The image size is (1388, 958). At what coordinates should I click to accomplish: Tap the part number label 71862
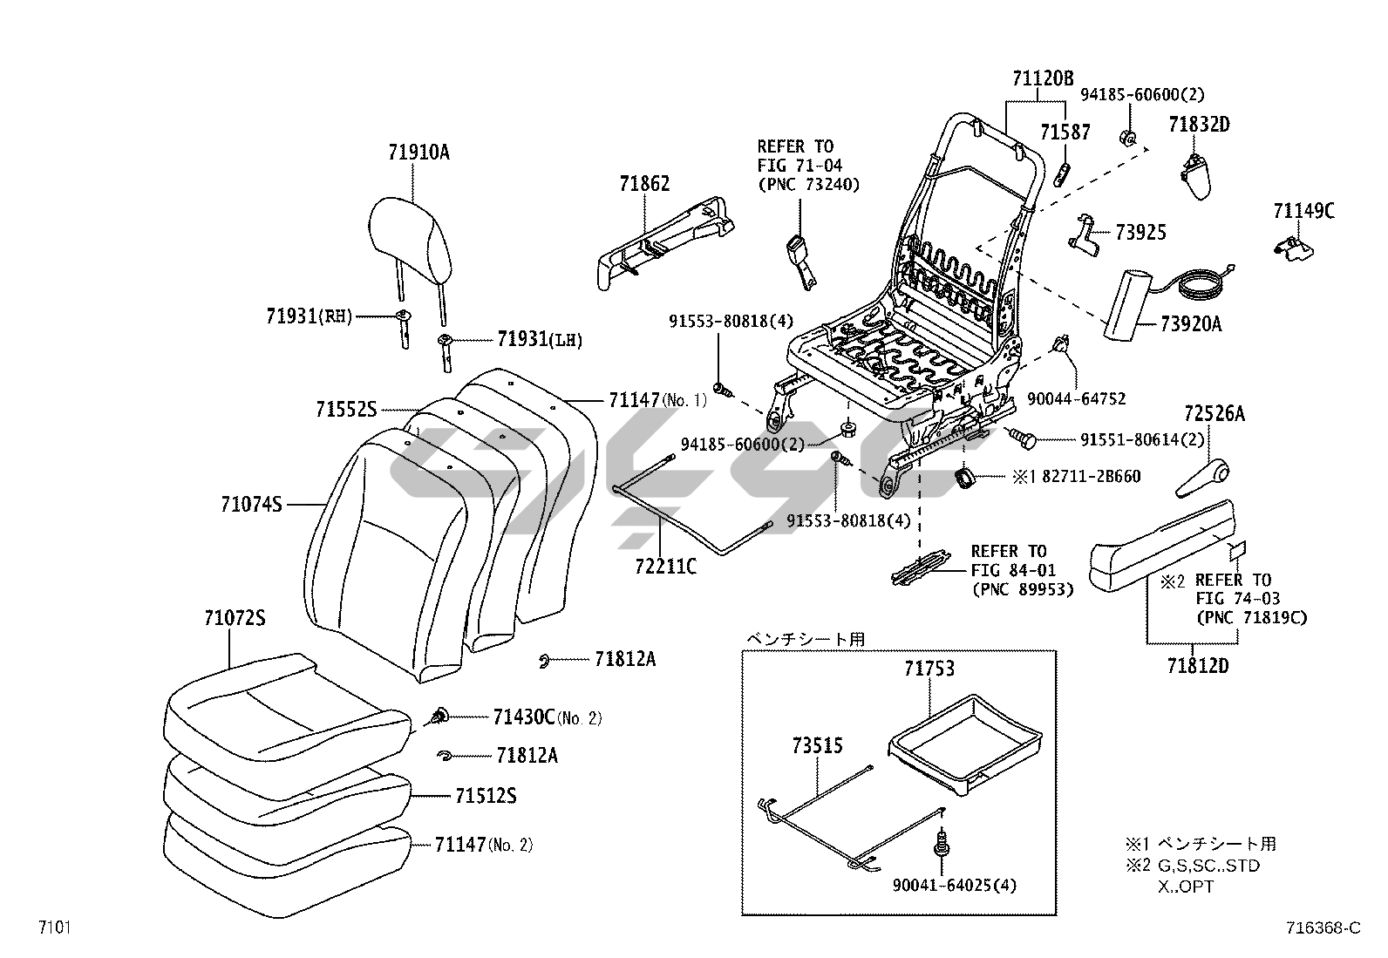644,183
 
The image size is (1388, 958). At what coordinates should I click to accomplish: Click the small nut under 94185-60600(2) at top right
1127,137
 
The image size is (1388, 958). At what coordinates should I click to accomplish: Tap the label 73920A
1190,324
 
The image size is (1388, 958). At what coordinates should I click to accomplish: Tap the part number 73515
817,746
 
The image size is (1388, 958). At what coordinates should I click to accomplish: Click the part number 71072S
235,618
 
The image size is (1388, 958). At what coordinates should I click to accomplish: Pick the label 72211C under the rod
665,567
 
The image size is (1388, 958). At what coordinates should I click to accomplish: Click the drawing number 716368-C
1323,928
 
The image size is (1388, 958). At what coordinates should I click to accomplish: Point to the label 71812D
1197,666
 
